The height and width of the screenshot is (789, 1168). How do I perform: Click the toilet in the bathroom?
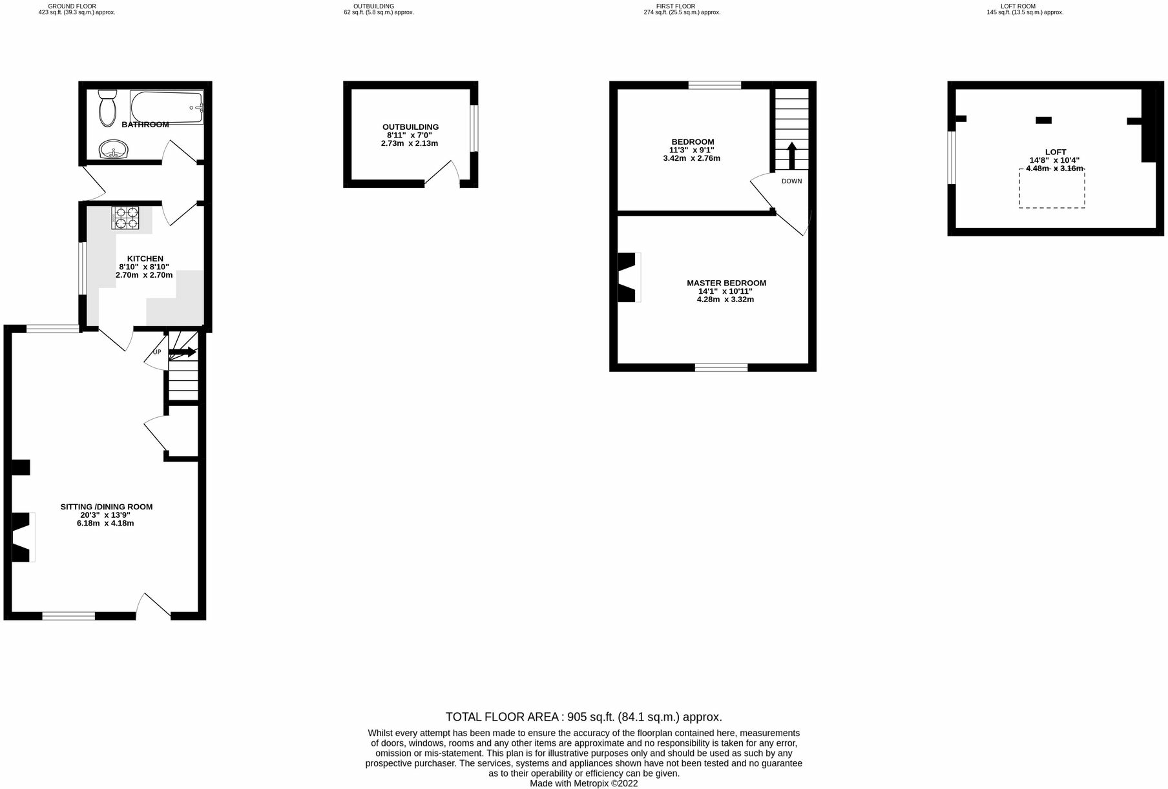[107, 108]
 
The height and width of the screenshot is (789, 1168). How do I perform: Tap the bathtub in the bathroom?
[167, 107]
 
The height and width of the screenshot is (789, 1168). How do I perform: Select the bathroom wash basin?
[114, 150]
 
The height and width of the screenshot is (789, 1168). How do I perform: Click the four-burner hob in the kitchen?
[125, 217]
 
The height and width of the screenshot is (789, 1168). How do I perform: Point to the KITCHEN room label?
[145, 259]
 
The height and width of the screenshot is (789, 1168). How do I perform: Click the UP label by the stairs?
[157, 352]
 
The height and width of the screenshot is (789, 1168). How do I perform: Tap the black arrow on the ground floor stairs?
[183, 352]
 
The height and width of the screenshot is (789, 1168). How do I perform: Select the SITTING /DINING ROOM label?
[107, 507]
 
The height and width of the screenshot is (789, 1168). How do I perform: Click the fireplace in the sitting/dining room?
[22, 537]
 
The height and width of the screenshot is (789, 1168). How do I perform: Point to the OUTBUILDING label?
[410, 127]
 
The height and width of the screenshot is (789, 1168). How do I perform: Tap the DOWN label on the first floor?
[791, 181]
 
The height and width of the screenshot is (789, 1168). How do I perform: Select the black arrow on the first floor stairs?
[791, 155]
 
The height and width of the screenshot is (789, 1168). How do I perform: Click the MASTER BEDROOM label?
[726, 283]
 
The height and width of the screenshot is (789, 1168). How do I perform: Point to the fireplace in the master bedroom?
[629, 277]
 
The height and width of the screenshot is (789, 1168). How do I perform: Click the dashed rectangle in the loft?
[1052, 189]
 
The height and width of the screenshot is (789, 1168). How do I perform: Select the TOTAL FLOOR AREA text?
[583, 717]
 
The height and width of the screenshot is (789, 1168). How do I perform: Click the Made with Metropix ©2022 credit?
[583, 784]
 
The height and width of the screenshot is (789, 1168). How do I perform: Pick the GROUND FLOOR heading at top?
[72, 6]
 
